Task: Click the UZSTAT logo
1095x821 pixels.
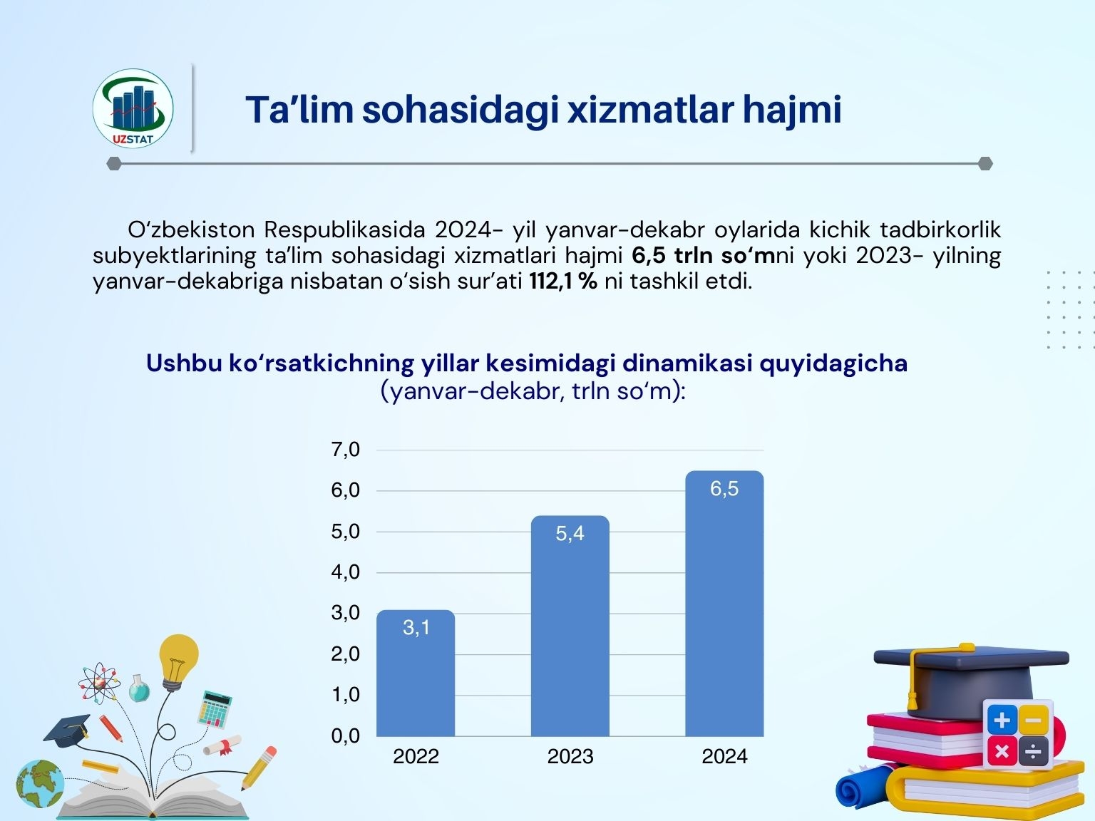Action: coord(133,108)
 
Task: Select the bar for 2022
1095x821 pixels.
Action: coord(416,673)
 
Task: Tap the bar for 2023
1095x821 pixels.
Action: coord(570,626)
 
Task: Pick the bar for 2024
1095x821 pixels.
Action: coord(724,603)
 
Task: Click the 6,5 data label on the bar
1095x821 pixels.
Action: coord(724,489)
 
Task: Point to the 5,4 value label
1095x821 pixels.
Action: coord(570,534)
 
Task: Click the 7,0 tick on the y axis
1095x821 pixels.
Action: coord(345,450)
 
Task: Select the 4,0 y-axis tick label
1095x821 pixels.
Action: coord(345,572)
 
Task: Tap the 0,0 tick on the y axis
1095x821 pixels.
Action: coord(345,735)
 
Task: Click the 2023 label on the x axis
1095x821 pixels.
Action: coord(570,757)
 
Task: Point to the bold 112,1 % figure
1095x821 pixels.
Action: coord(563,282)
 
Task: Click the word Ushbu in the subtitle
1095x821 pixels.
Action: coord(184,363)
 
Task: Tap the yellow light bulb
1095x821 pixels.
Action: coord(178,662)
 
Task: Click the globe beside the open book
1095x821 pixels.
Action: coord(40,784)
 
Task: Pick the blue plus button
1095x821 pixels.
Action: coord(1002,721)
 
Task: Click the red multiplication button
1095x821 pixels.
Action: coord(1002,750)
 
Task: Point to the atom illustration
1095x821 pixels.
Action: coord(100,683)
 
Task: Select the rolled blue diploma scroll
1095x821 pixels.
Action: coord(865,788)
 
